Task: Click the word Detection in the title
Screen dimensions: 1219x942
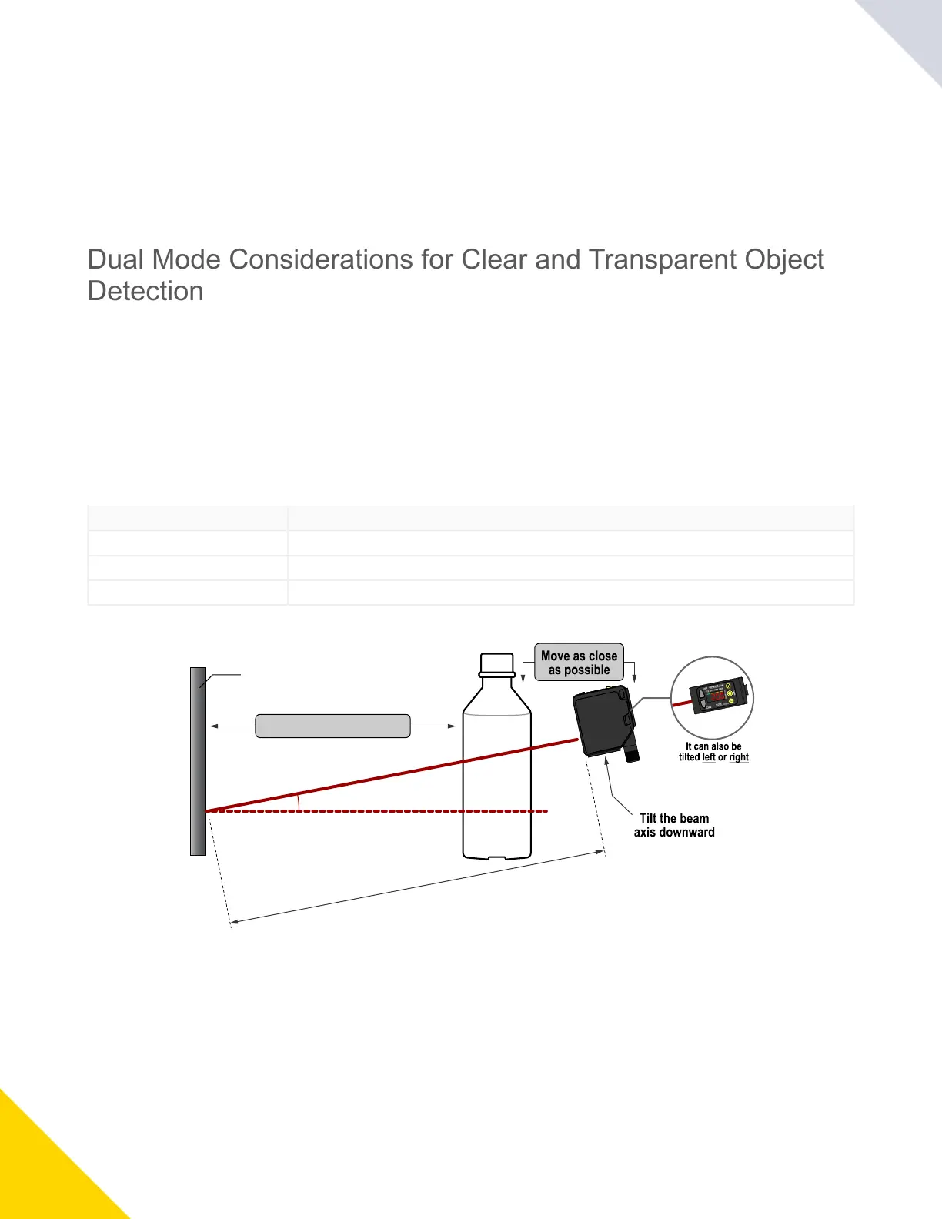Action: pos(145,291)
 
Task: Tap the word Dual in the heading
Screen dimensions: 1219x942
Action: pos(115,259)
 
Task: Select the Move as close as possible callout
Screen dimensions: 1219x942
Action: pos(579,663)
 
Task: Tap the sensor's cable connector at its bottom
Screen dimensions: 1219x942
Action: pos(632,753)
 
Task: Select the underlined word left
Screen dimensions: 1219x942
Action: pos(709,757)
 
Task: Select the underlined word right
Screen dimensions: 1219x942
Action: pos(739,757)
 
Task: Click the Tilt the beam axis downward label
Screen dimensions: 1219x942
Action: pos(674,825)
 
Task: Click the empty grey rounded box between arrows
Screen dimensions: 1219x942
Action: pos(332,726)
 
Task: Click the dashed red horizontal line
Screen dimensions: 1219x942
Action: pos(385,811)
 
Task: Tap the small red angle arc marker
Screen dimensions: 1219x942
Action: pos(298,803)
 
